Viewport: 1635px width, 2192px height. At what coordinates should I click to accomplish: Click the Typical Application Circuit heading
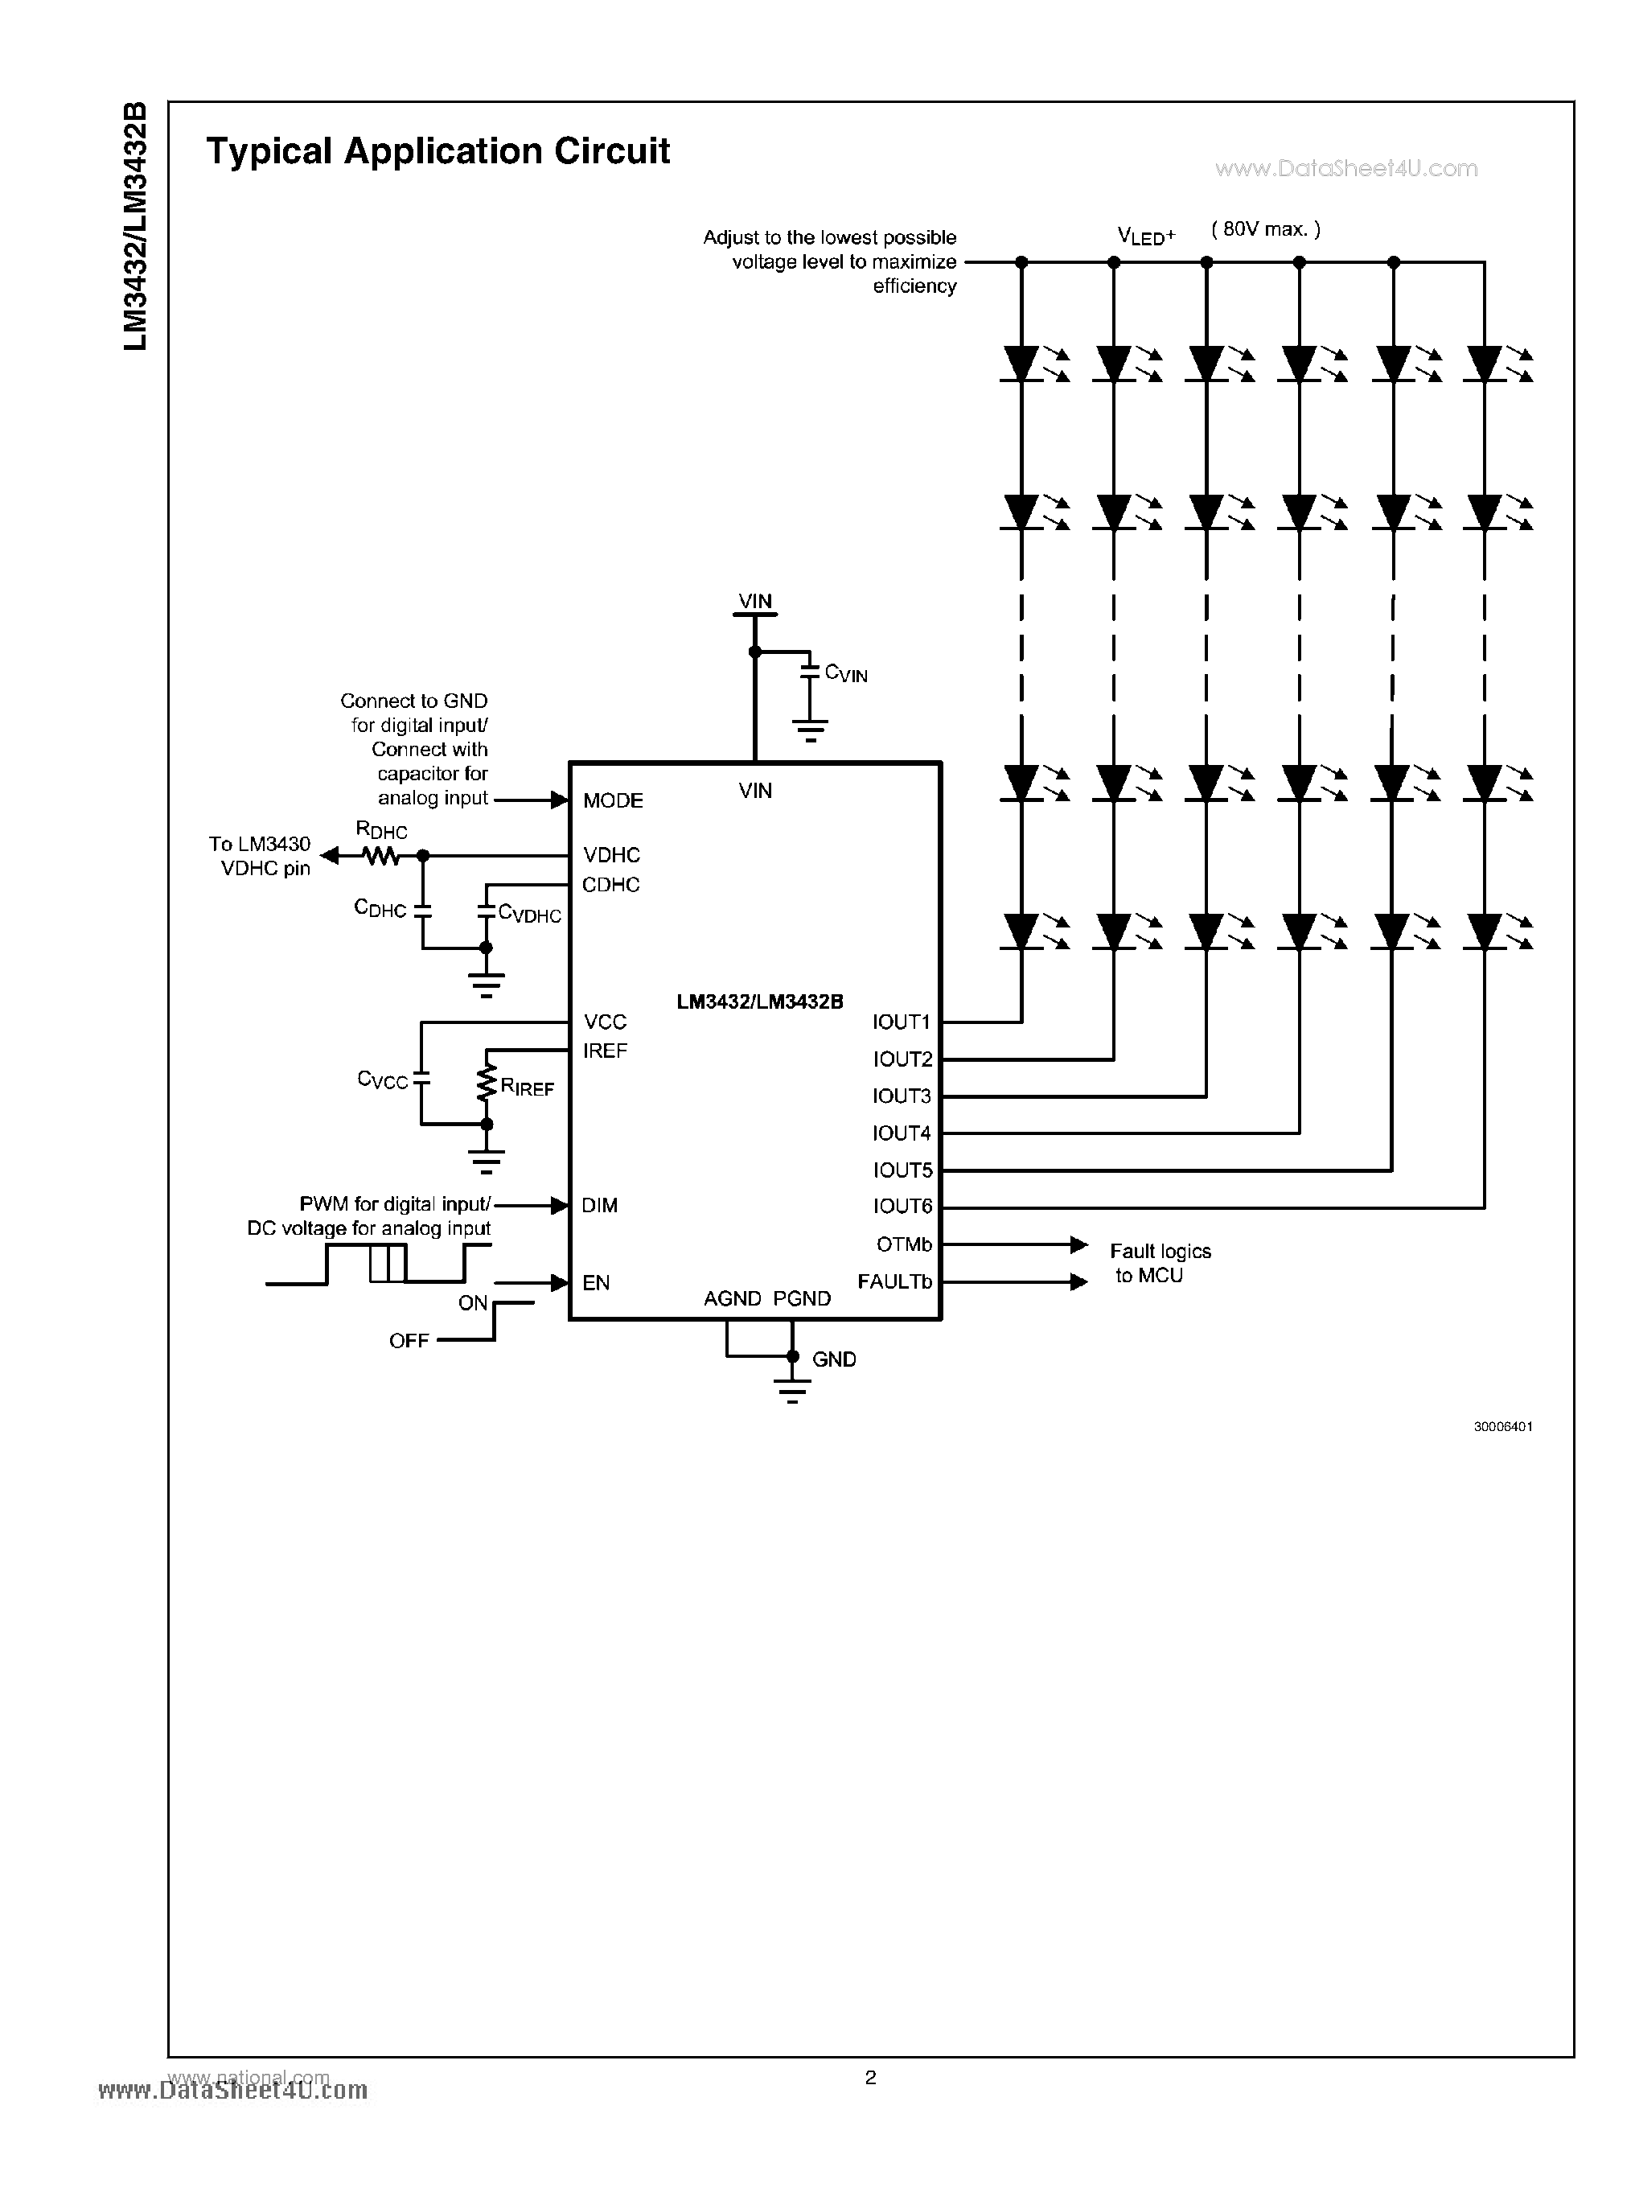438,151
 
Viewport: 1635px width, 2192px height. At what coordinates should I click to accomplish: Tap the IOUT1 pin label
901,1022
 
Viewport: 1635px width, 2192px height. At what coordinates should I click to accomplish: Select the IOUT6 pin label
902,1206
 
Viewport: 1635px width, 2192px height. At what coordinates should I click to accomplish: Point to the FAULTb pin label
894,1281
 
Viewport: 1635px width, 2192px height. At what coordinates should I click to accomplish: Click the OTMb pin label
904,1244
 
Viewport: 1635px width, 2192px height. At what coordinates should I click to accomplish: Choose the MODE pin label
613,800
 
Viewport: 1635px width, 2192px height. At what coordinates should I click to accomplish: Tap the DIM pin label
600,1205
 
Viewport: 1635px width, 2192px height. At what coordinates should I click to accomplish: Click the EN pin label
596,1282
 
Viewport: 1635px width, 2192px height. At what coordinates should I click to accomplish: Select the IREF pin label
605,1051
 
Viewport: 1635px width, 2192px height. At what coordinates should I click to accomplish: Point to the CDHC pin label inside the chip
610,884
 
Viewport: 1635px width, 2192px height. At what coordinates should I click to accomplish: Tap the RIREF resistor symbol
486,1083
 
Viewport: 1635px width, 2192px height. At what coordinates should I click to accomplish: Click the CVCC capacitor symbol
421,1080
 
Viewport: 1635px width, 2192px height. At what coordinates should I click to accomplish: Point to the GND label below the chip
833,1359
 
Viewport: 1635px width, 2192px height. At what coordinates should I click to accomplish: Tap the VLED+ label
1146,236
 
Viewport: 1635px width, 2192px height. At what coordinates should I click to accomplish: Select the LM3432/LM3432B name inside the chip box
759,1002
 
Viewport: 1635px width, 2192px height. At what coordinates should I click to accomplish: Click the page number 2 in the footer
870,2077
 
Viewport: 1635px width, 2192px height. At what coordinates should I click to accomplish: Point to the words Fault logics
1160,1252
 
